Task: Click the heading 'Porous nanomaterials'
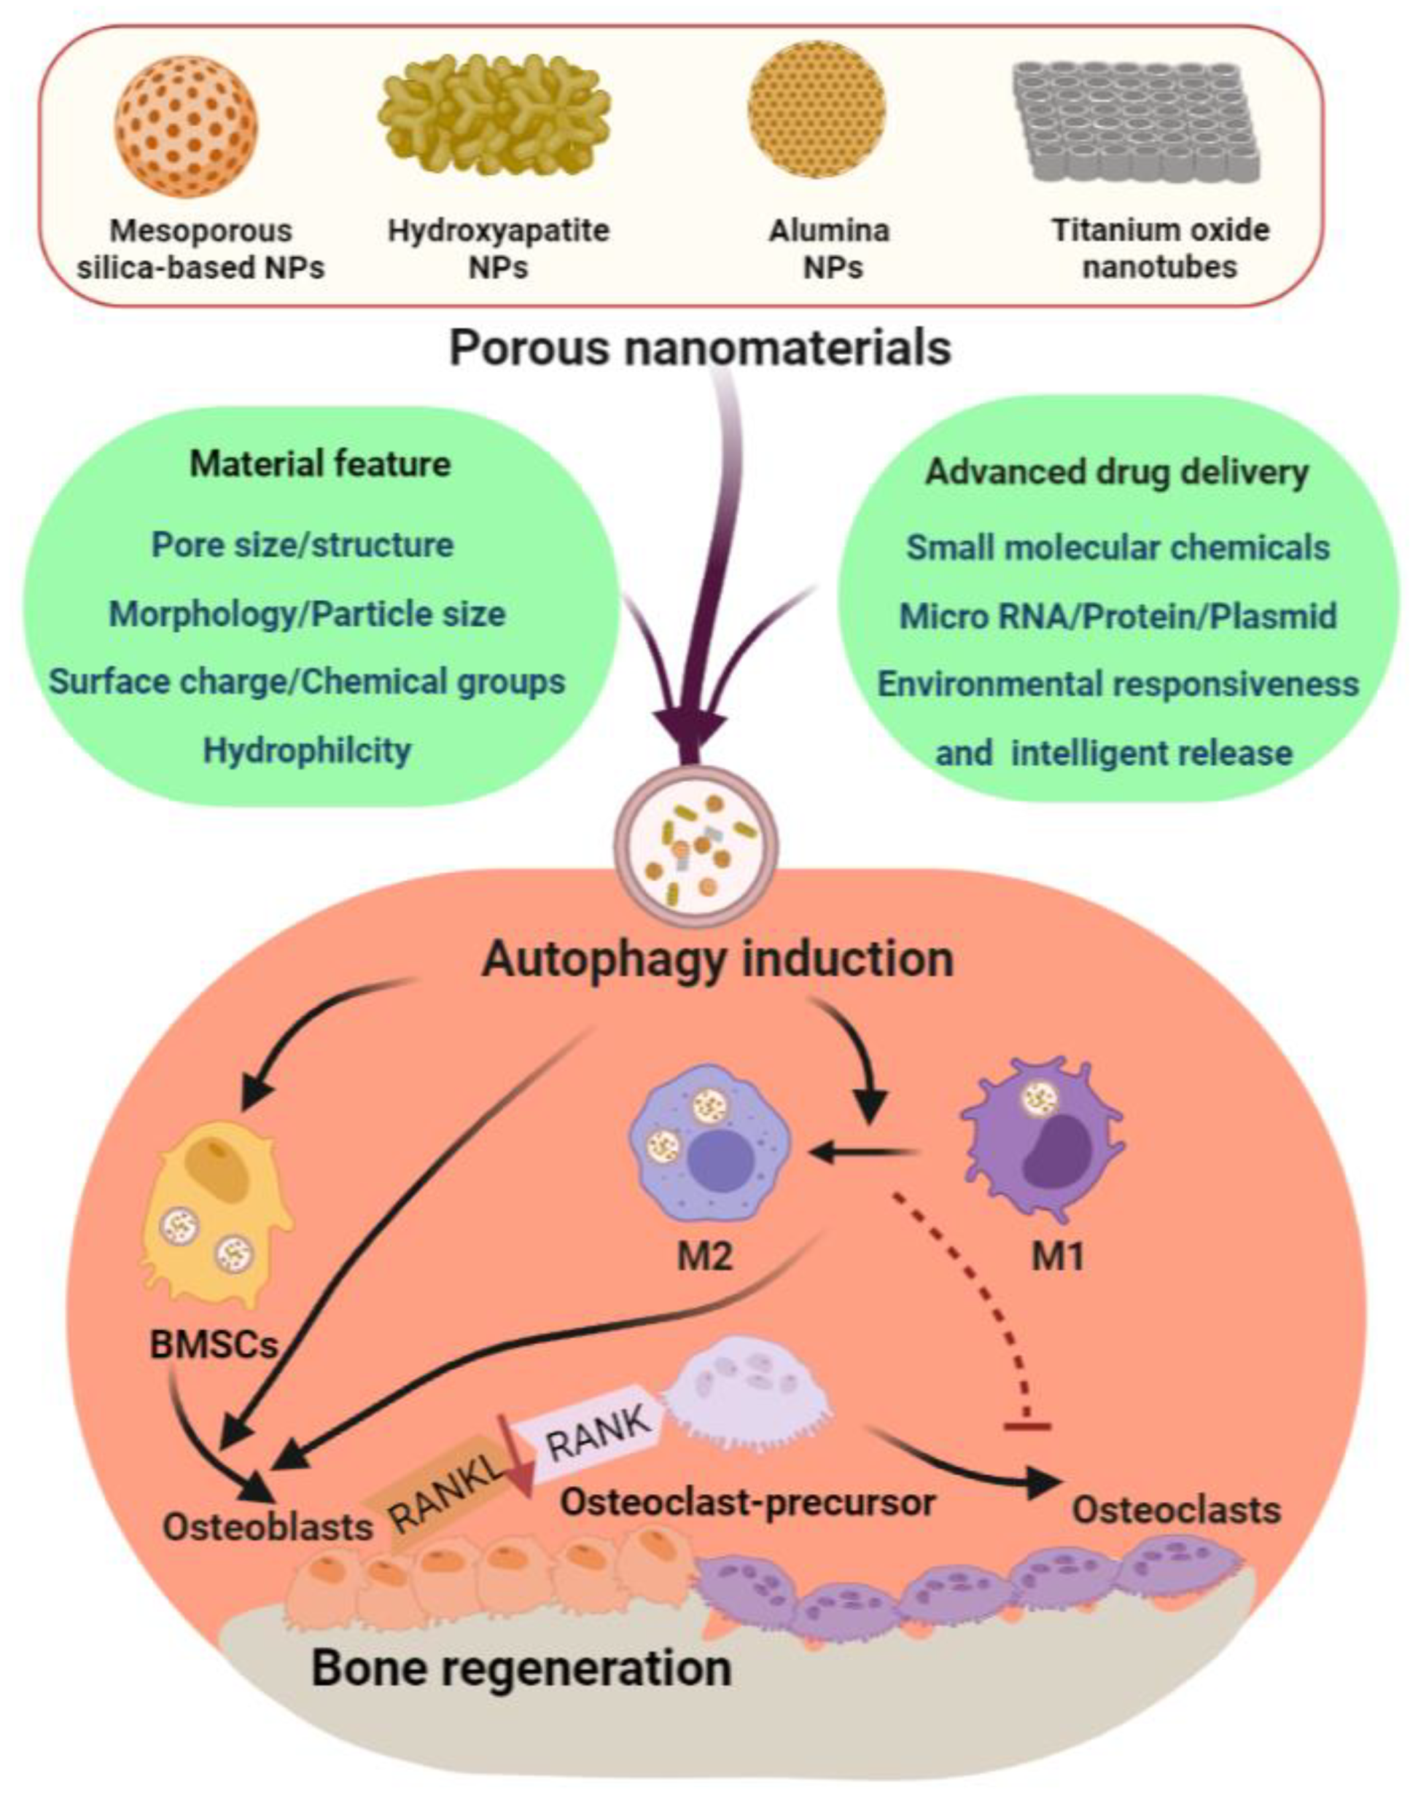click(700, 348)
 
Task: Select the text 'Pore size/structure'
click(303, 546)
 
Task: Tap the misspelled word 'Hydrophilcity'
click(307, 750)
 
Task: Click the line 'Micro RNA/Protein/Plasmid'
click(1118, 616)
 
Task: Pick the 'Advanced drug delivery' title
click(1117, 472)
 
